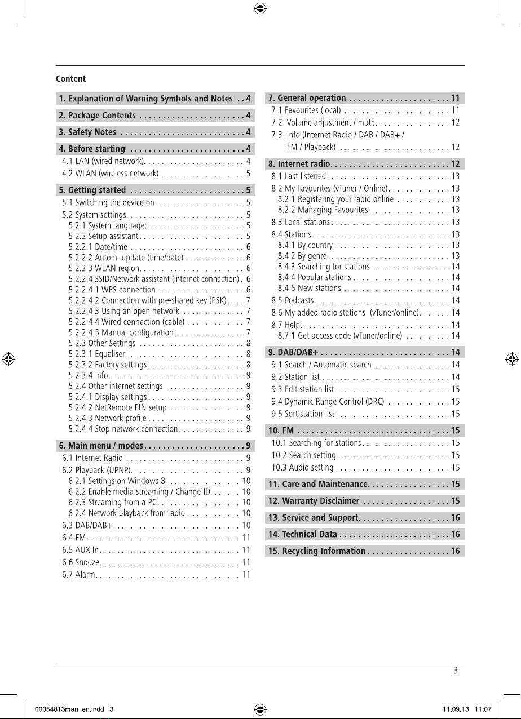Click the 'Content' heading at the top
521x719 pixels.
pyautogui.click(x=70, y=78)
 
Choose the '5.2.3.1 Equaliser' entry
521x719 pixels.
pyautogui.click(x=95, y=354)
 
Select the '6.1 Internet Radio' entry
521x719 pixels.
pyautogui.click(x=92, y=458)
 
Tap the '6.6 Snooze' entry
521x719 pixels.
pyautogui.click(x=81, y=562)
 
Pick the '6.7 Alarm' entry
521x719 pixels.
pyautogui.click(x=80, y=575)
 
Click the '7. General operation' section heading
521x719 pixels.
pyautogui.click(x=307, y=98)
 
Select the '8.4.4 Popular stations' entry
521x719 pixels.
pyautogui.click(x=315, y=277)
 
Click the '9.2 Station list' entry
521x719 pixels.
pyautogui.click(x=295, y=377)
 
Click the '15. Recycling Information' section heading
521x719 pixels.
pyautogui.click(x=317, y=551)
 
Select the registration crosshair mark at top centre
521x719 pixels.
pyautogui.click(x=260, y=8)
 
